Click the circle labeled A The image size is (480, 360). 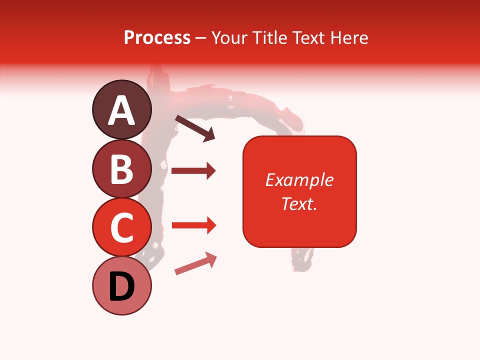pos(122,110)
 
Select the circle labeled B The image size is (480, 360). pos(122,168)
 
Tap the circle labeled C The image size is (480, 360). pos(122,227)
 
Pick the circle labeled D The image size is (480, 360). pos(122,285)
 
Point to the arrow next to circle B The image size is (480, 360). pos(193,171)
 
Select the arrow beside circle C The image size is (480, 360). pos(193,225)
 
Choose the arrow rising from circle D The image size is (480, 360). pos(195,264)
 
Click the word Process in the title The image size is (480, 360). pos(157,37)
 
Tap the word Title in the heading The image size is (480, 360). pos(270,37)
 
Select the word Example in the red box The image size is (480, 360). pos(299,180)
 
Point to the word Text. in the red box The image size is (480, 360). pos(299,203)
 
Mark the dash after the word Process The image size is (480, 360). pos(201,38)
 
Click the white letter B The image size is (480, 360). pos(122,168)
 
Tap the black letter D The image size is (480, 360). pos(122,286)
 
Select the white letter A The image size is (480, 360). pos(122,110)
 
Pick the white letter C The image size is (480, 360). pos(122,227)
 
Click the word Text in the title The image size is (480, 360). pos(309,37)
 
